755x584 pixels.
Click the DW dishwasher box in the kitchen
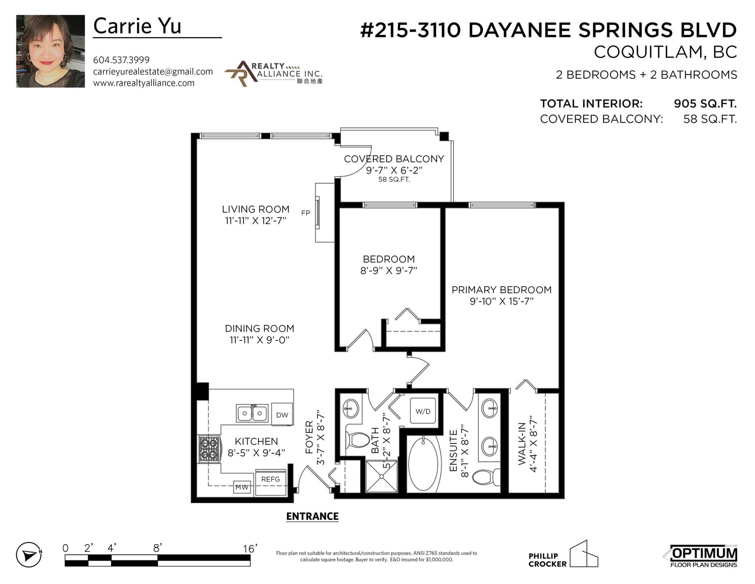pyautogui.click(x=282, y=415)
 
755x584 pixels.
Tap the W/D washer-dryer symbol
pyautogui.click(x=423, y=411)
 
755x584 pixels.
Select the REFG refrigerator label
pyautogui.click(x=270, y=479)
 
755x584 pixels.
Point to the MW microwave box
pyautogui.click(x=242, y=487)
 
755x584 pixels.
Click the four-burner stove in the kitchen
pyautogui.click(x=209, y=449)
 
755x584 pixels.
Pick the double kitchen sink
pyautogui.click(x=252, y=413)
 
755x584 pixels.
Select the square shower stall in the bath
pyautogui.click(x=381, y=476)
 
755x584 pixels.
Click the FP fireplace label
pyautogui.click(x=306, y=213)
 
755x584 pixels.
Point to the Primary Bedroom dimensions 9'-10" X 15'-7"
pyautogui.click(x=501, y=301)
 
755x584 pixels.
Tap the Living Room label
pyautogui.click(x=256, y=209)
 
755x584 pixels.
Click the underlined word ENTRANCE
pyautogui.click(x=312, y=516)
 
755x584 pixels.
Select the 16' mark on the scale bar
pyautogui.click(x=250, y=549)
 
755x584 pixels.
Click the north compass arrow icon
pyautogui.click(x=29, y=555)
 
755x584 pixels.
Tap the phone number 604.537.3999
pyautogui.click(x=121, y=60)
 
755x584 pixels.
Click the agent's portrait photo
pyautogui.click(x=50, y=51)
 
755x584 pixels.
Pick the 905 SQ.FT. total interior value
pyautogui.click(x=705, y=103)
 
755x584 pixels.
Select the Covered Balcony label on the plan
pyautogui.click(x=394, y=159)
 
